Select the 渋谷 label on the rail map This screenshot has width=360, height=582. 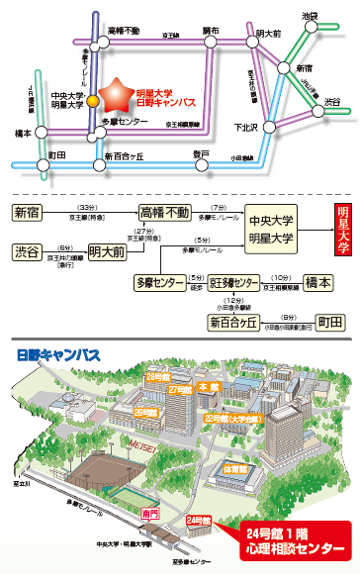coord(332,102)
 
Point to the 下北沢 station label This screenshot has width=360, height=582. coord(245,127)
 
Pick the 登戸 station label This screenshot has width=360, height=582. coord(202,153)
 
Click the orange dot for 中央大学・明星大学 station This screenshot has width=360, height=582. coord(91,100)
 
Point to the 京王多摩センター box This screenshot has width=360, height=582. coord(232,283)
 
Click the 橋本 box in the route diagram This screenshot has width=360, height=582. coord(321,282)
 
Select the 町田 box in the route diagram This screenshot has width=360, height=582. coord(329,323)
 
